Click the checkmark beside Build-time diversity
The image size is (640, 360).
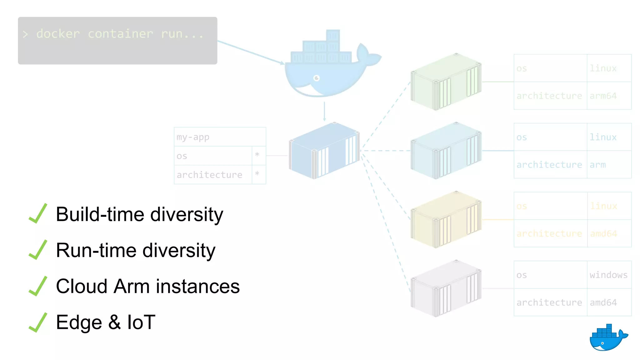point(38,214)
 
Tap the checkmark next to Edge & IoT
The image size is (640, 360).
point(38,322)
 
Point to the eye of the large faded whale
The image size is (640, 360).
point(317,78)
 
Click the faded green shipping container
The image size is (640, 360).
point(446,82)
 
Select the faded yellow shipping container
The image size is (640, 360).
point(446,220)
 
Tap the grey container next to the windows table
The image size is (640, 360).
point(446,288)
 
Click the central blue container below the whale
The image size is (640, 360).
point(324,151)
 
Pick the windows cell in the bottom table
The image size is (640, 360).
point(608,275)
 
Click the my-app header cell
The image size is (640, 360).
point(220,137)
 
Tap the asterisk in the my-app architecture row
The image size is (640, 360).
point(257,174)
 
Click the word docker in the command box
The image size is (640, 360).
point(58,34)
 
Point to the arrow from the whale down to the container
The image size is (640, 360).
point(324,112)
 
